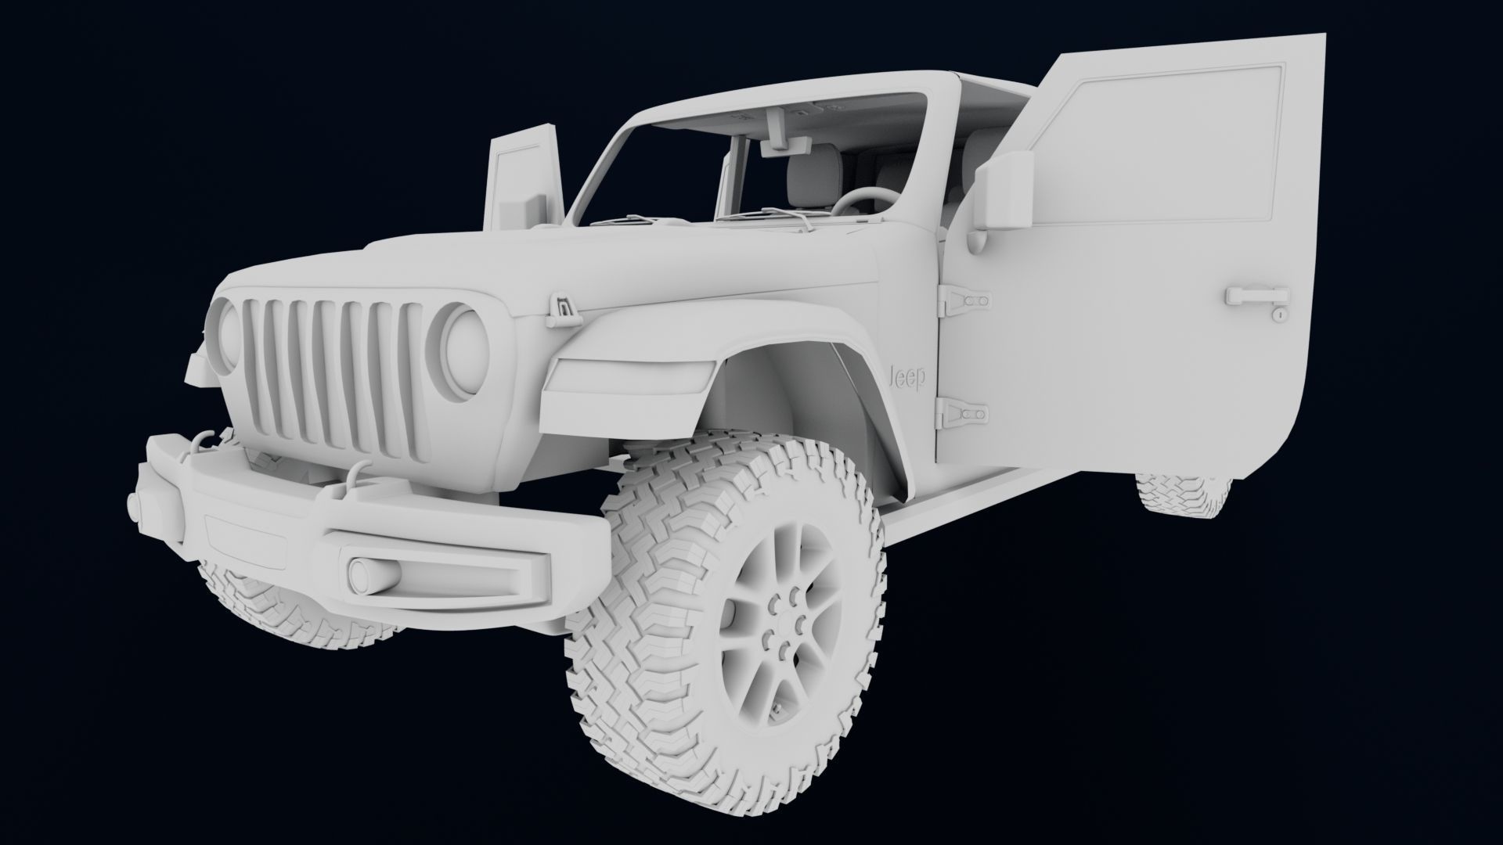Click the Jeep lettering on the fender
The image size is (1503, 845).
(908, 377)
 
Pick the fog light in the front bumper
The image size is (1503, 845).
(371, 574)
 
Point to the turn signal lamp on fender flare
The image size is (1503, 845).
(626, 379)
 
